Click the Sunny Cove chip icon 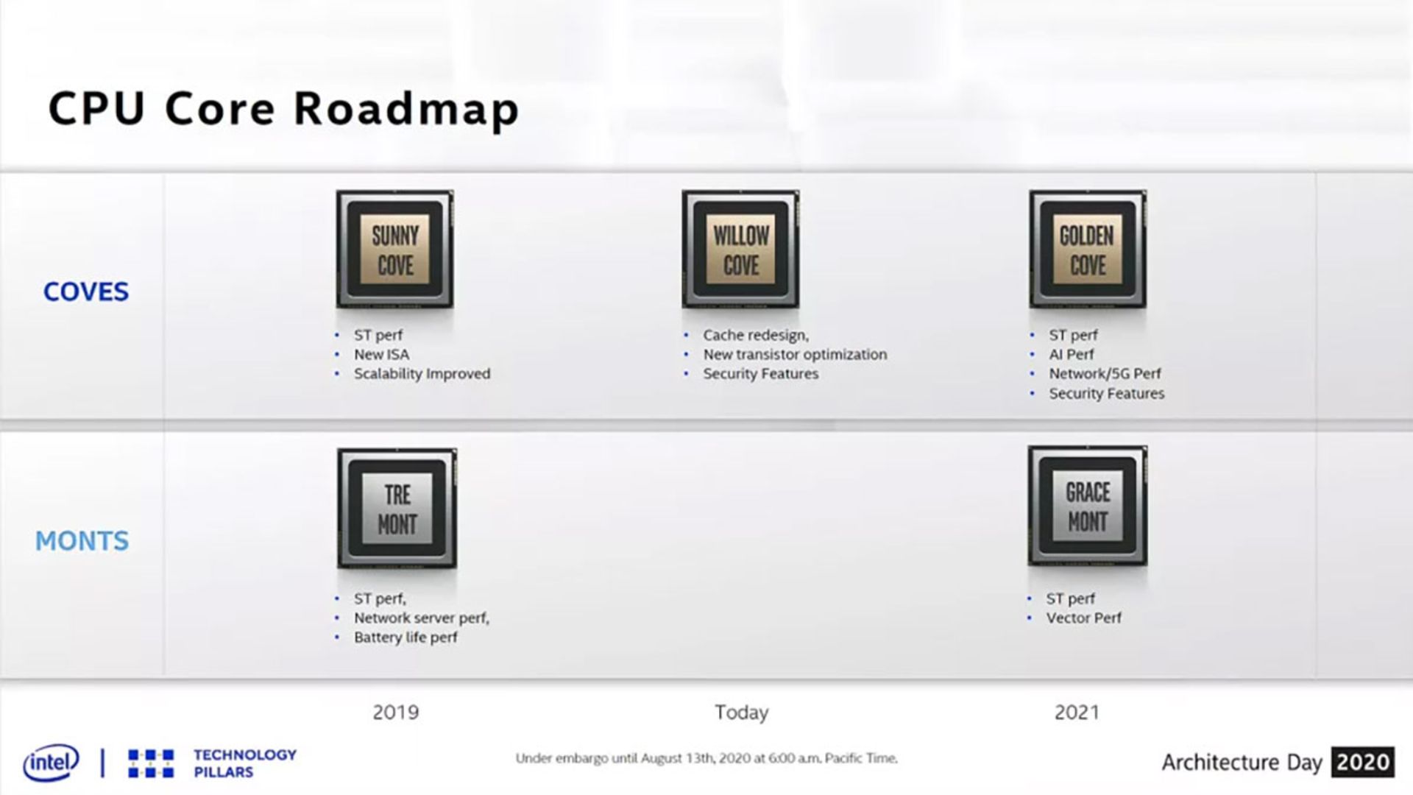[395, 249]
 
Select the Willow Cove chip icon [740, 249]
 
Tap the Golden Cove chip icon [1088, 249]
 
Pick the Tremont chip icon [397, 508]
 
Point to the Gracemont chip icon [1088, 506]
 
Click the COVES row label [86, 292]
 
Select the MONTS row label [82, 541]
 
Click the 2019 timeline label [396, 713]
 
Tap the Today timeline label [742, 713]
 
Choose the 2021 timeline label [1077, 713]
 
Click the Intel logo [51, 763]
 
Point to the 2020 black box [1363, 762]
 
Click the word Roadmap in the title [407, 110]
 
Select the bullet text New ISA [381, 354]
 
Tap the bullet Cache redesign [756, 335]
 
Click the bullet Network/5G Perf [1105, 373]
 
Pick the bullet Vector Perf [1083, 618]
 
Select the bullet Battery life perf [406, 637]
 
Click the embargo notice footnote [706, 758]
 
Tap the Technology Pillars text [245, 763]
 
